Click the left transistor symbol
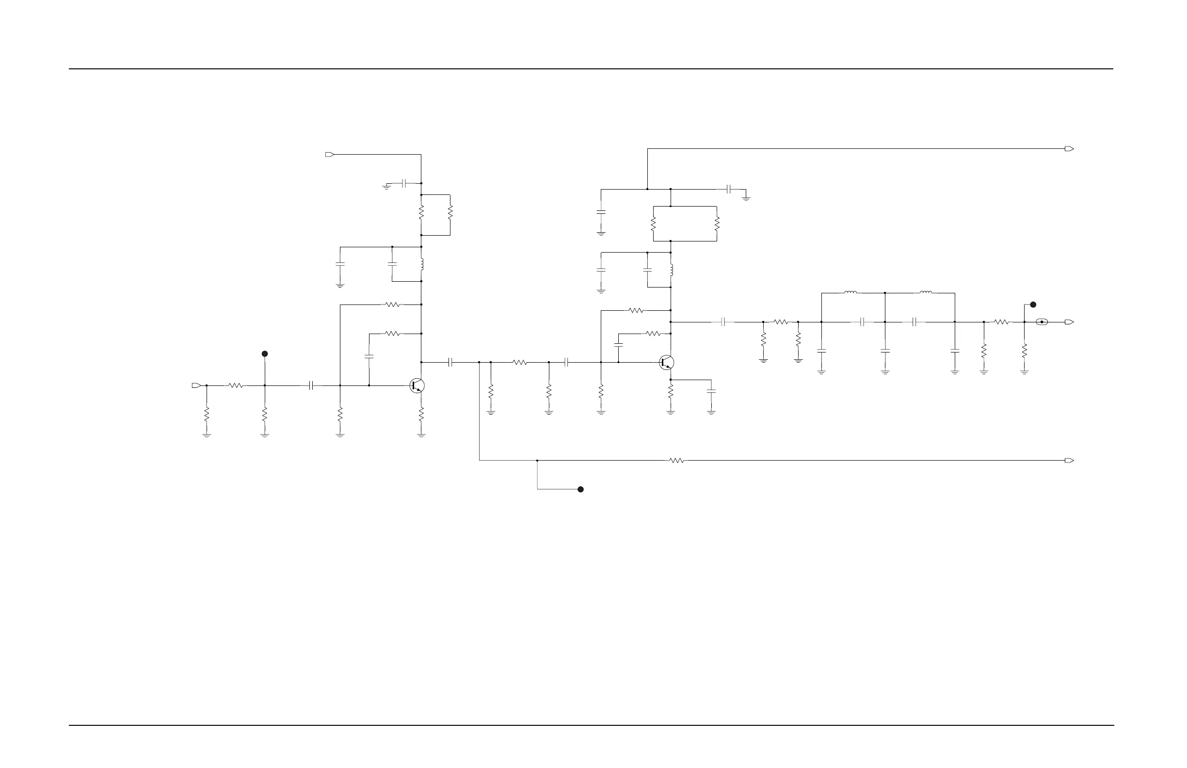(417, 385)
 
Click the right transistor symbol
(666, 363)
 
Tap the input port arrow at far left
(196, 385)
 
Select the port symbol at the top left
(330, 155)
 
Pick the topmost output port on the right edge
(1069, 149)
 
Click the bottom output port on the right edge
(1069, 460)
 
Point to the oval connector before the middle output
(1042, 322)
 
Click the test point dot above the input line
(265, 353)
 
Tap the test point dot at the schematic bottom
(580, 489)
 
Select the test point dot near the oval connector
(1033, 304)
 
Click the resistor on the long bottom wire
(677, 460)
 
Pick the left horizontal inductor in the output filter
(851, 293)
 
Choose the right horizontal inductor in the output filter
(926, 293)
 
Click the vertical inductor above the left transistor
(422, 264)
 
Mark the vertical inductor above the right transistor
(671, 270)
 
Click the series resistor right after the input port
(235, 385)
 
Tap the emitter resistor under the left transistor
(421, 414)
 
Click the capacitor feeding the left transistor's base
(311, 385)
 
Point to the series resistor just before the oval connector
(1001, 322)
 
